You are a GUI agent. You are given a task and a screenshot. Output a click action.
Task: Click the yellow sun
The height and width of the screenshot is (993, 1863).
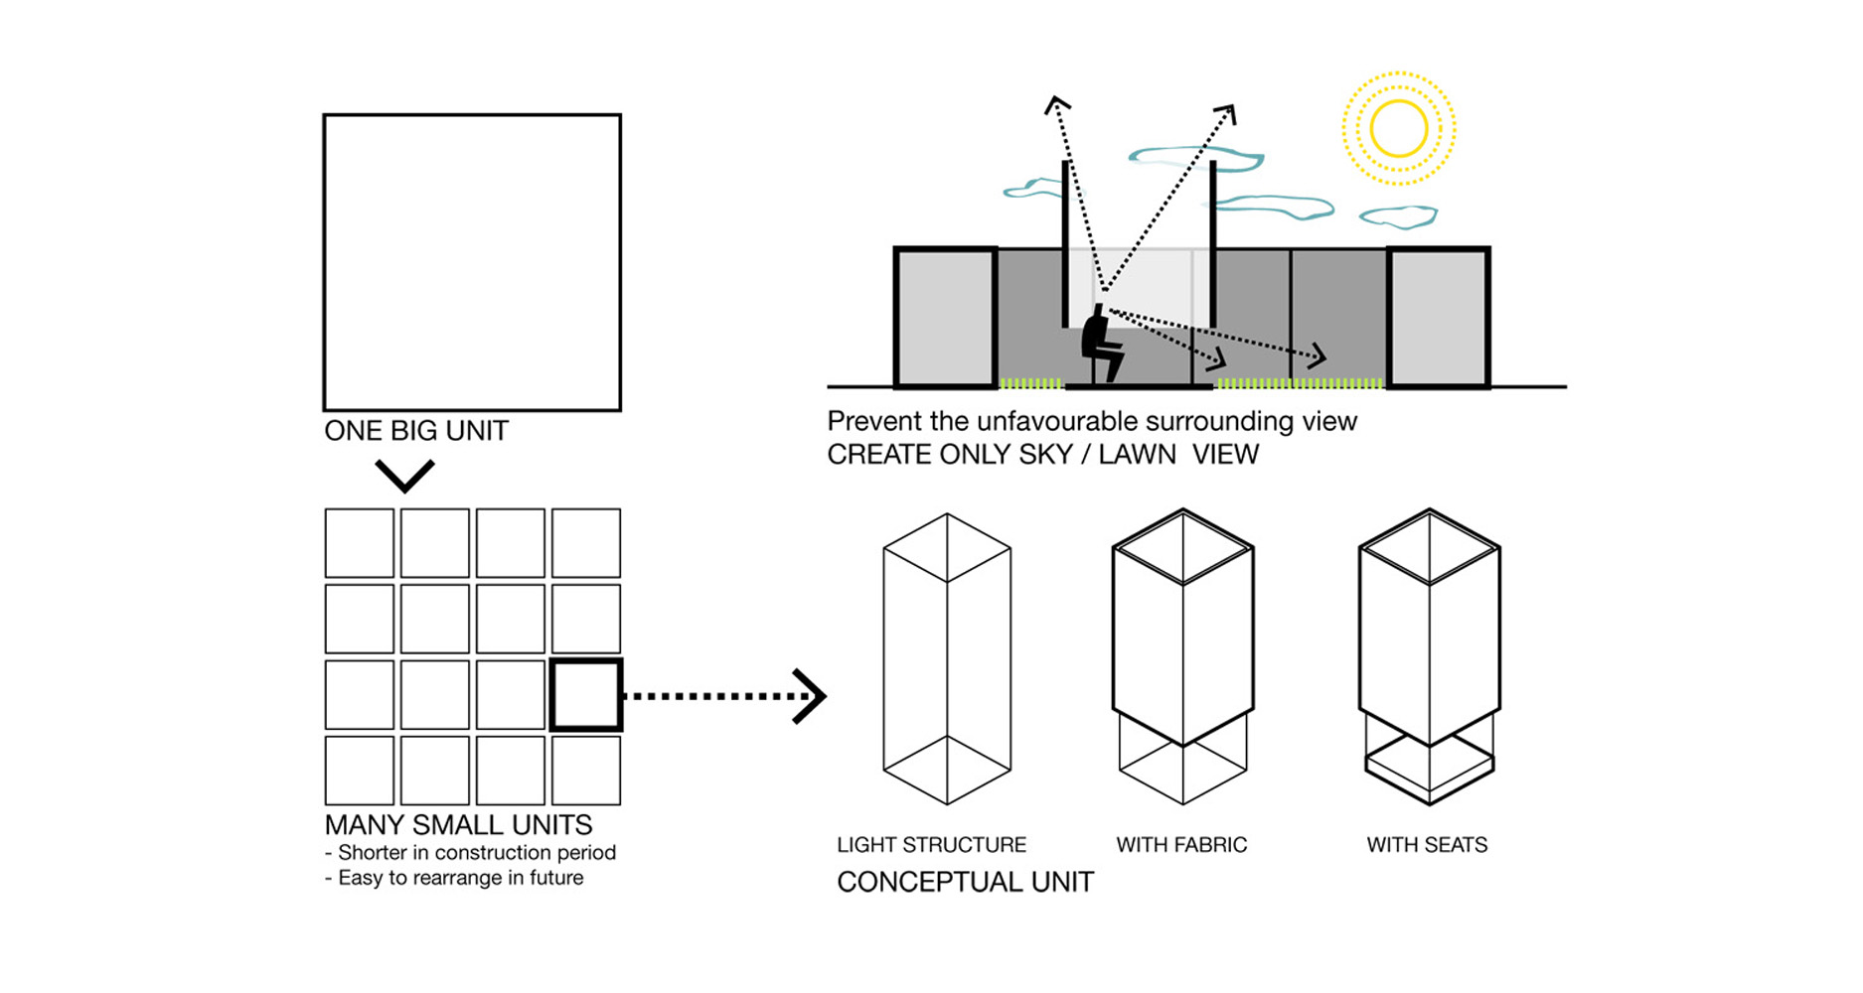1398,128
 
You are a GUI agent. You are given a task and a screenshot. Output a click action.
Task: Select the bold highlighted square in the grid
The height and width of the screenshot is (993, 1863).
586,695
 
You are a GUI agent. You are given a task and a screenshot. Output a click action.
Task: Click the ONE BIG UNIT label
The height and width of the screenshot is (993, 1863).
416,431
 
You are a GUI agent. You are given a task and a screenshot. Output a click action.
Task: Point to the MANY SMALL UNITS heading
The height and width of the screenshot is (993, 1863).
458,825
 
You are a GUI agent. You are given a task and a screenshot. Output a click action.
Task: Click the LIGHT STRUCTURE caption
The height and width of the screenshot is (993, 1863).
931,845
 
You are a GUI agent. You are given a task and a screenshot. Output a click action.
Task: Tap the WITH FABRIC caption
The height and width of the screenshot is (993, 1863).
1181,845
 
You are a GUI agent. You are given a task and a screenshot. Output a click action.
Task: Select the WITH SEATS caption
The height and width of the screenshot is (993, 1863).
1427,845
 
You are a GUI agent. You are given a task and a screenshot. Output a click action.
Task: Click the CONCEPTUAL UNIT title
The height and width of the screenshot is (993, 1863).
965,882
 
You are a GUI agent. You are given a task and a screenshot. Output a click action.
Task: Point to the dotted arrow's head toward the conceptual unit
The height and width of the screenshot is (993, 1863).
812,696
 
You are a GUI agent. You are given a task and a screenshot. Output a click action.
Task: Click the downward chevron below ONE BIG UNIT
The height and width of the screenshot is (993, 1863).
404,476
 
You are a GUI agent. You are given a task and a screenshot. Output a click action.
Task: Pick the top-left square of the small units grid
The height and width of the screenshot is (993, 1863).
360,543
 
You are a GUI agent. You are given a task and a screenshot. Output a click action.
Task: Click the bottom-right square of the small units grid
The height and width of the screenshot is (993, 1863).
586,771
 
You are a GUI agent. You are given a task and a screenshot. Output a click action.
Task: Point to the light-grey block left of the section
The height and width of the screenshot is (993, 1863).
945,317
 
